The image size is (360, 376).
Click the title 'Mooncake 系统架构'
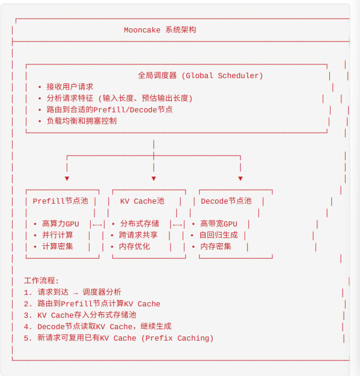tap(160, 30)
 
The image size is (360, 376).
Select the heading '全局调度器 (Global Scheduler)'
tap(200, 76)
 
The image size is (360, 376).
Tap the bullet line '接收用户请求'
tap(70, 87)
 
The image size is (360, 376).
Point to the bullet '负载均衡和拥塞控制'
tap(82, 121)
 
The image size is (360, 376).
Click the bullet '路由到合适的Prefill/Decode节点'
tap(109, 109)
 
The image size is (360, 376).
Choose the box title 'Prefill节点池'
tap(61, 201)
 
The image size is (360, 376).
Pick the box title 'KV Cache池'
tap(142, 201)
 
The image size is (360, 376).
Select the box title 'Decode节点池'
tap(226, 201)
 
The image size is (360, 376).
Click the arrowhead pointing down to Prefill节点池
tap(67, 178)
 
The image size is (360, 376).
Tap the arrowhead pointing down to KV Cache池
tap(154, 178)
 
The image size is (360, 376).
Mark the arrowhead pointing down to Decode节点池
tap(240, 178)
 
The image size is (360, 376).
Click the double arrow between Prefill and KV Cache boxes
tap(97, 225)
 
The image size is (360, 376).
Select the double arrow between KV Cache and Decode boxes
tap(177, 225)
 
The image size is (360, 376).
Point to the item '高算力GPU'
tap(61, 223)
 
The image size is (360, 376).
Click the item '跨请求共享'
tap(138, 235)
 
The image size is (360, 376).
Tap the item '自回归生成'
tap(218, 235)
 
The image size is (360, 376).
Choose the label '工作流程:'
tap(41, 280)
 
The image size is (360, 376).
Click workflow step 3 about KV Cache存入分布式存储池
tap(80, 315)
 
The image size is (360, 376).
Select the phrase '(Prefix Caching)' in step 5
tap(177, 338)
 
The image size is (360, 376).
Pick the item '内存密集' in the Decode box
tap(216, 246)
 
